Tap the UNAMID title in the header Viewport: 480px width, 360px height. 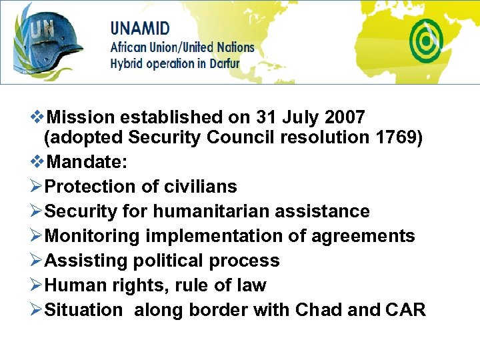point(140,29)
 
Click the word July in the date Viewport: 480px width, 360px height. point(302,118)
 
